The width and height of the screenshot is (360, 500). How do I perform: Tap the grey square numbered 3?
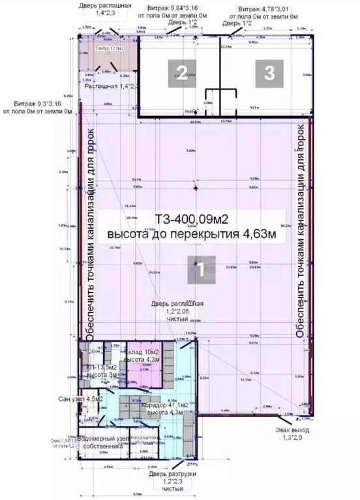point(268,72)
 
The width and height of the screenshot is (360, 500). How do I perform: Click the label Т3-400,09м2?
point(196,218)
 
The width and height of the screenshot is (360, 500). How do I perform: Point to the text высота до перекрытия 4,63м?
point(196,234)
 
